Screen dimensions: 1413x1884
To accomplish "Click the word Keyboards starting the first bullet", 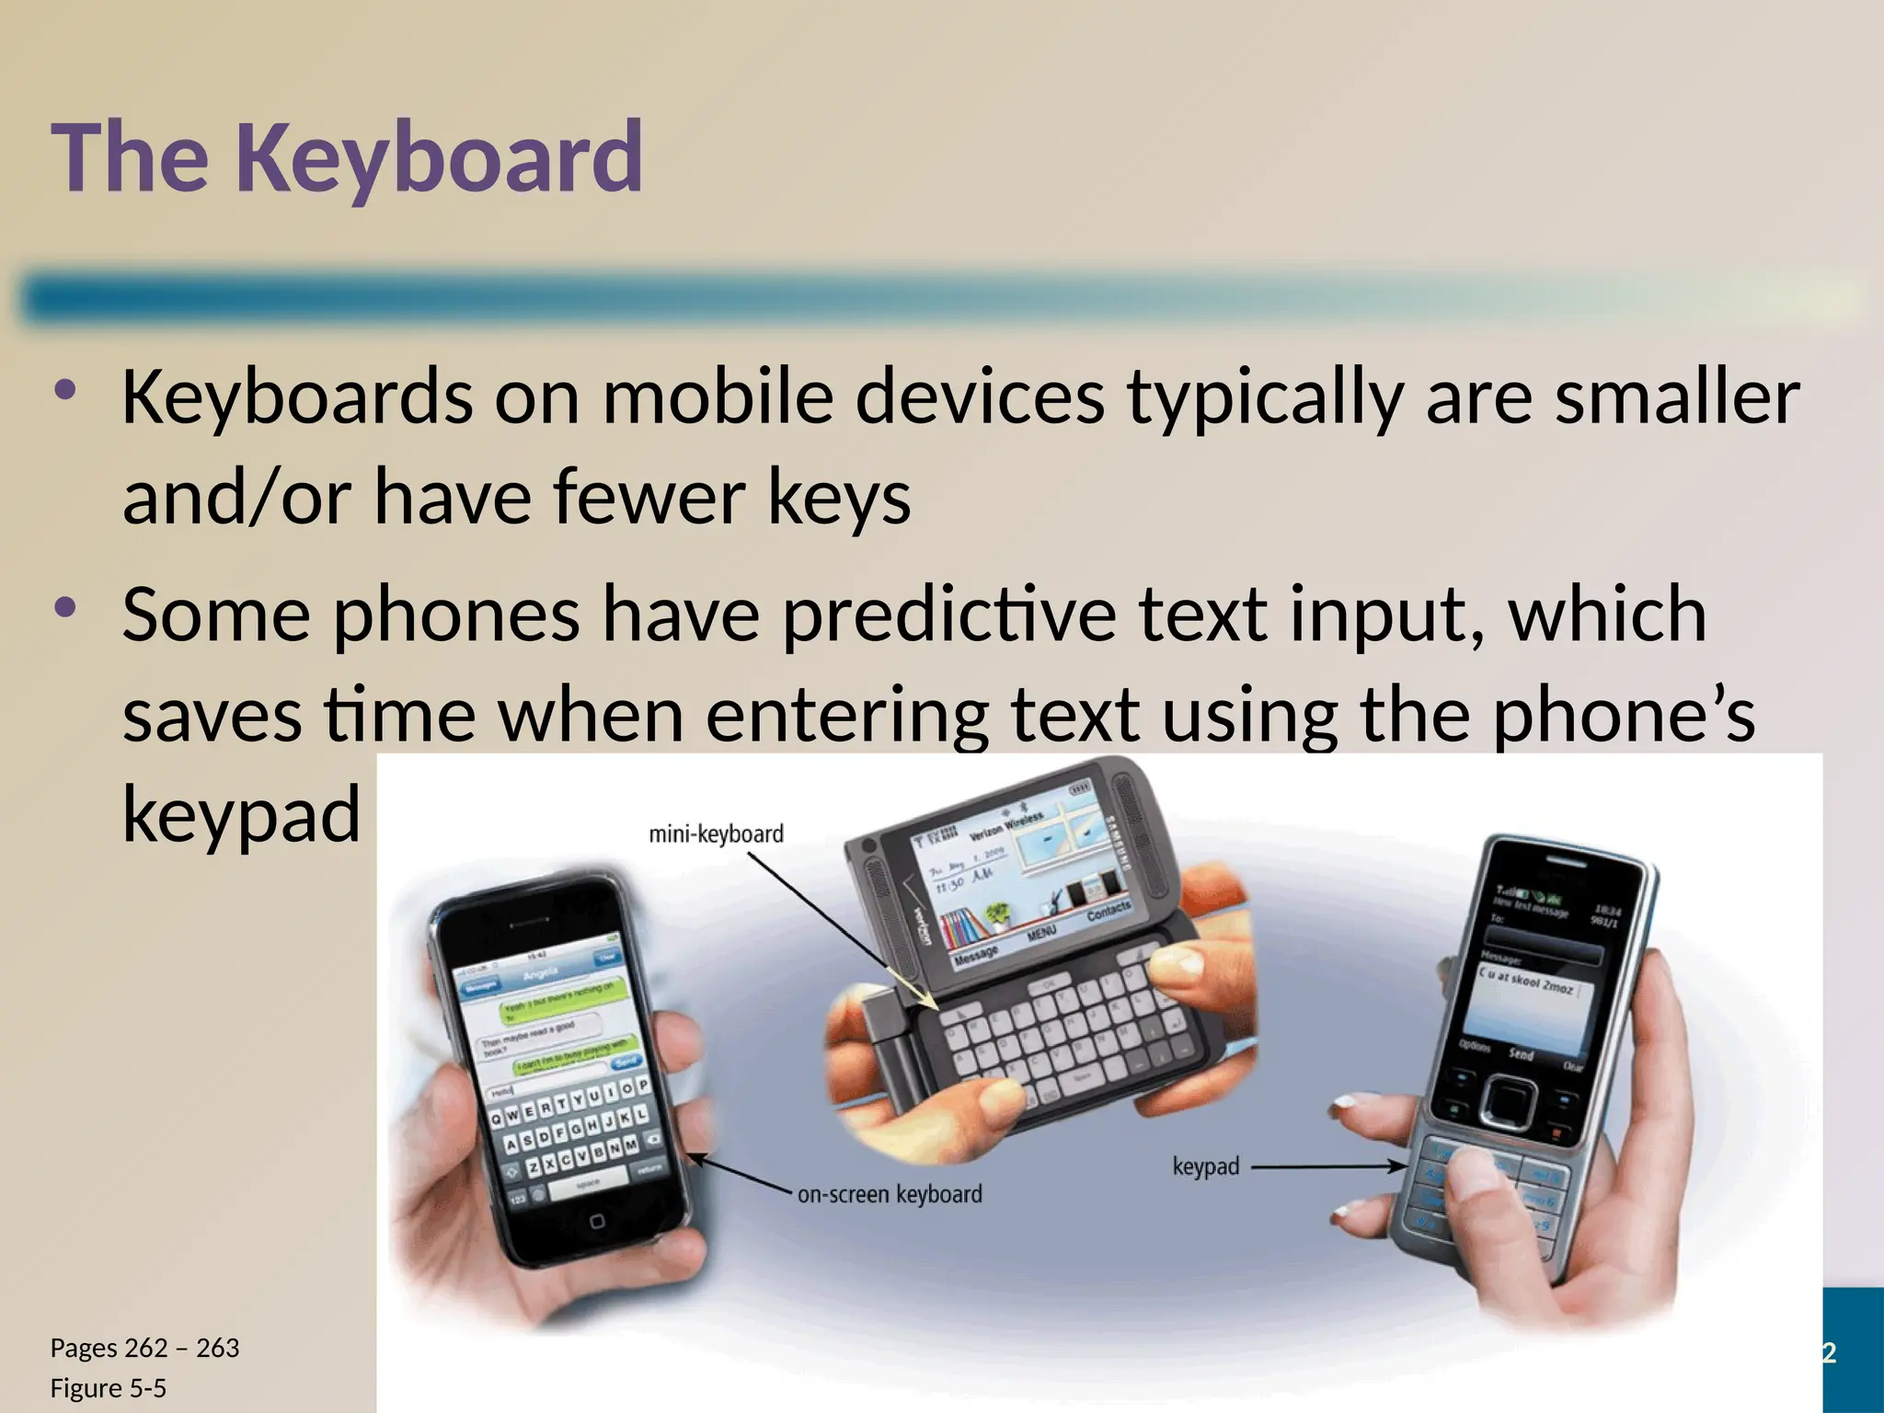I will click(x=296, y=397).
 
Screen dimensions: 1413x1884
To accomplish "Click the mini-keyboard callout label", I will click(x=716, y=834).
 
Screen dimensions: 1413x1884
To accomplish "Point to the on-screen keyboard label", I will click(x=890, y=1194).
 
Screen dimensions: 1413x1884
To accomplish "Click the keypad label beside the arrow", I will click(x=1205, y=1166).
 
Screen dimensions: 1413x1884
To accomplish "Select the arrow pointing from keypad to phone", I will click(x=1329, y=1166).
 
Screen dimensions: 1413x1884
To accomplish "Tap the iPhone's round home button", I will click(x=597, y=1221).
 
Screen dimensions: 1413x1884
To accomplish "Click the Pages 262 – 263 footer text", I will click(x=144, y=1348).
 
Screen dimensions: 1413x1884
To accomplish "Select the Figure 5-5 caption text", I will click(x=108, y=1388).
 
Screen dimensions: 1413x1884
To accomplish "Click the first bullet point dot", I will click(x=64, y=390).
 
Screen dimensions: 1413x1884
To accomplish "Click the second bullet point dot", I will click(x=64, y=607).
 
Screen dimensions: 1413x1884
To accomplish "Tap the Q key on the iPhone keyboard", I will click(x=498, y=1119).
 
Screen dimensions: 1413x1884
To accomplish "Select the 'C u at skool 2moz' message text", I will click(x=1526, y=981).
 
